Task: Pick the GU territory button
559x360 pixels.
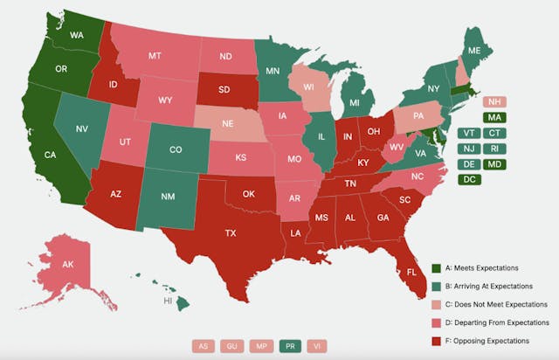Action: pyautogui.click(x=231, y=345)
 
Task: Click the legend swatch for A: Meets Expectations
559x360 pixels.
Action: pyautogui.click(x=437, y=267)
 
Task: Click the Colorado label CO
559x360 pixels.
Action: pyautogui.click(x=176, y=149)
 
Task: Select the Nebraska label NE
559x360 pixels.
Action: pyautogui.click(x=227, y=124)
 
